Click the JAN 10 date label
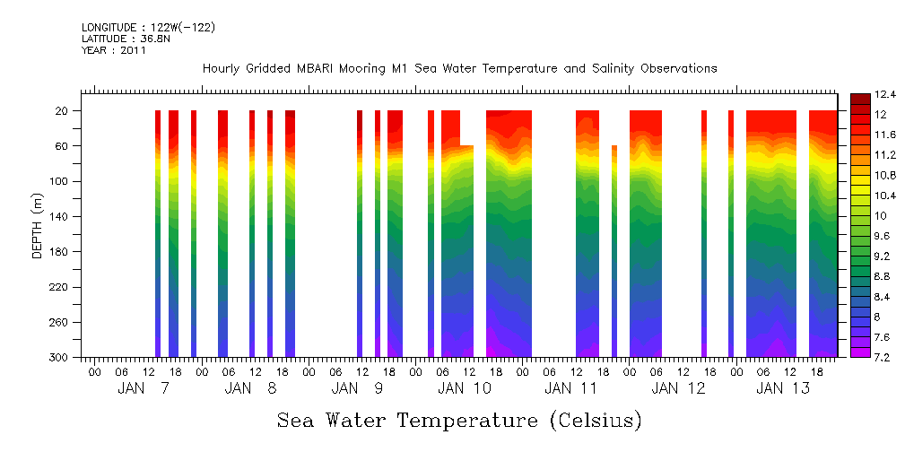click(x=465, y=388)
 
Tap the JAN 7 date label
click(x=144, y=388)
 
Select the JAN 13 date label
click(x=783, y=388)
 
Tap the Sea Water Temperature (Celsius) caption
click(x=459, y=421)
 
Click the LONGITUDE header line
click(x=148, y=28)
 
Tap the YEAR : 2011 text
click(x=113, y=51)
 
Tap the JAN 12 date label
click(x=678, y=388)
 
